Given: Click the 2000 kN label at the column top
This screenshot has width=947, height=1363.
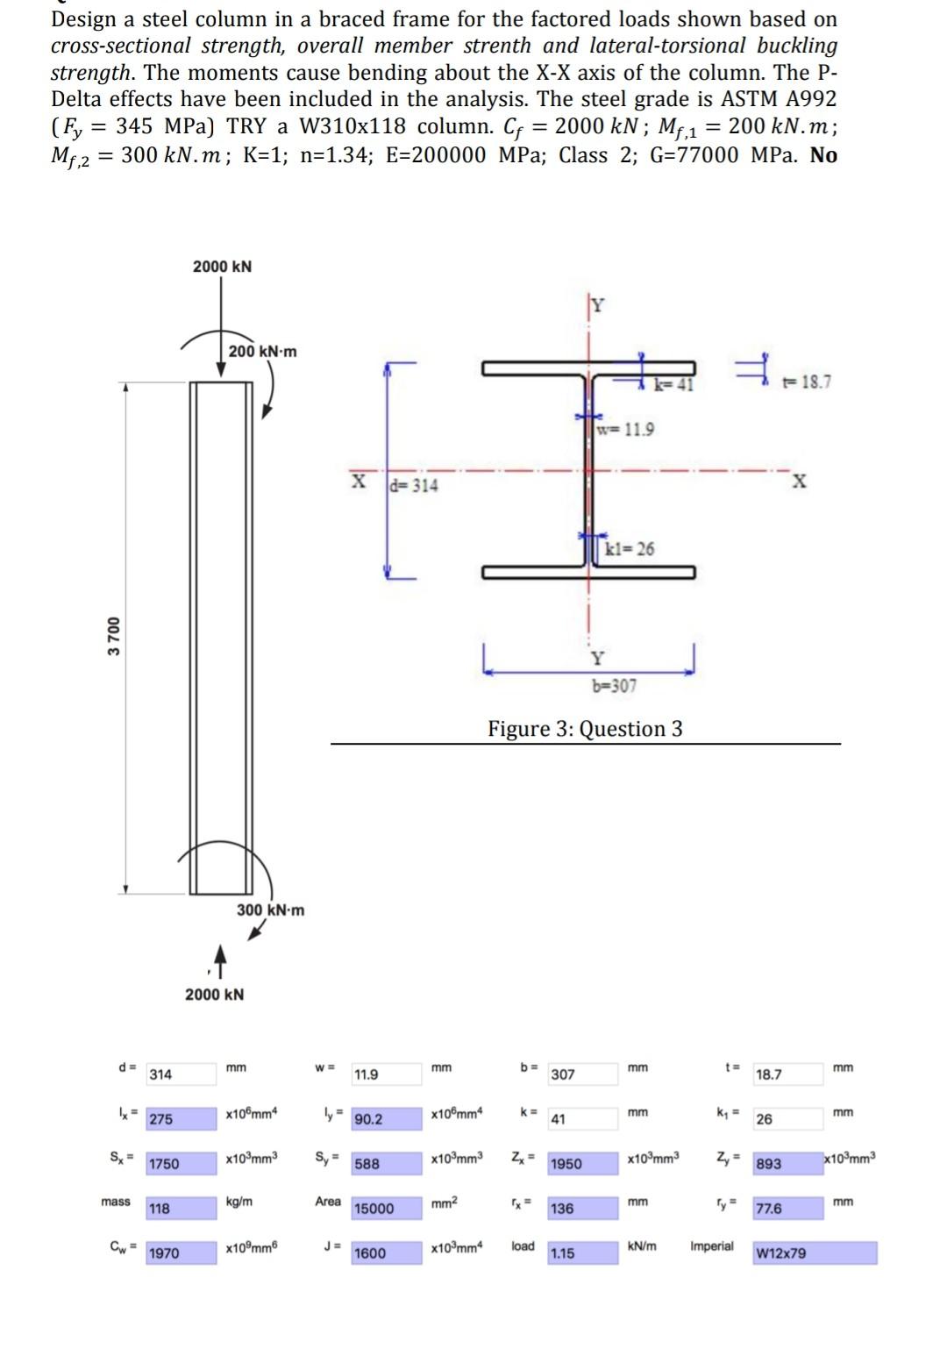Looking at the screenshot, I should point(222,267).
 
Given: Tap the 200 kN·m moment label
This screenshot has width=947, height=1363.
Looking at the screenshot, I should point(262,352).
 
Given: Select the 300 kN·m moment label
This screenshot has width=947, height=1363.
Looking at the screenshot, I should point(271,910).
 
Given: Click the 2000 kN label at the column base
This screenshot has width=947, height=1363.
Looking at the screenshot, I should point(215,995).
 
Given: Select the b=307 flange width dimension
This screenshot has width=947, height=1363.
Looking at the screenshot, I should point(614,686).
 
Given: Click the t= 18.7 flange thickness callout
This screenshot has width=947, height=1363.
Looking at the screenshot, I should point(806,382).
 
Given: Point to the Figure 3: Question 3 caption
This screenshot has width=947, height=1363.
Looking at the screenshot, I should point(585,729).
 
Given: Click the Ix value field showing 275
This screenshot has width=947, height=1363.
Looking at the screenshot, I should point(181,1119).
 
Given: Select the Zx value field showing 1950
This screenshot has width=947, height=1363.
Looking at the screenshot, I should point(583,1164).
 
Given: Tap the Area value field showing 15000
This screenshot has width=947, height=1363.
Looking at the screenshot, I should point(387,1209).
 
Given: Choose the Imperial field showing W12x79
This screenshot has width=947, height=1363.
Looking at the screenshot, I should point(815,1253).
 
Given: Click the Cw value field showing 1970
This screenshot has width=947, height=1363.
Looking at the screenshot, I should point(181,1253).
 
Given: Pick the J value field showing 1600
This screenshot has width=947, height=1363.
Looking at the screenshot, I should point(387,1253).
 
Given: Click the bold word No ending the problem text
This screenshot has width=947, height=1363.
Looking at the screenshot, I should point(823,155).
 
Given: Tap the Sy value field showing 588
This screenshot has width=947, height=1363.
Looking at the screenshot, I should point(387,1164).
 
